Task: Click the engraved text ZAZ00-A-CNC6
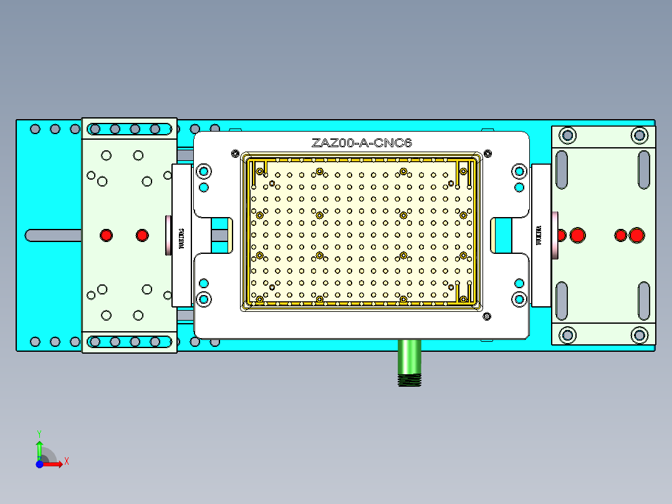click(x=362, y=143)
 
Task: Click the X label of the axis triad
click(x=67, y=461)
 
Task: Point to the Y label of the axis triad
click(x=39, y=432)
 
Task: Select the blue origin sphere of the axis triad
click(x=39, y=464)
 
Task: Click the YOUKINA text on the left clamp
click(x=182, y=236)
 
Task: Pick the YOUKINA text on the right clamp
click(x=540, y=236)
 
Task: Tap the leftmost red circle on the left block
click(x=106, y=235)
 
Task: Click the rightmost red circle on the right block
click(x=636, y=235)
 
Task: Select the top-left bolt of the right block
click(x=567, y=135)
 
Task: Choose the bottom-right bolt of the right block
click(x=638, y=335)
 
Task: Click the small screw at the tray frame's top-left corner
click(x=235, y=153)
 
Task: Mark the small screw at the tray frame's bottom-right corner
click(x=486, y=317)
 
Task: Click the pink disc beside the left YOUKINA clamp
click(x=168, y=235)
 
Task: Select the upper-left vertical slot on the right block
click(x=562, y=170)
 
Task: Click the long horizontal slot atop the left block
click(x=130, y=129)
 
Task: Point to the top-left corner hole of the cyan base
click(x=35, y=129)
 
